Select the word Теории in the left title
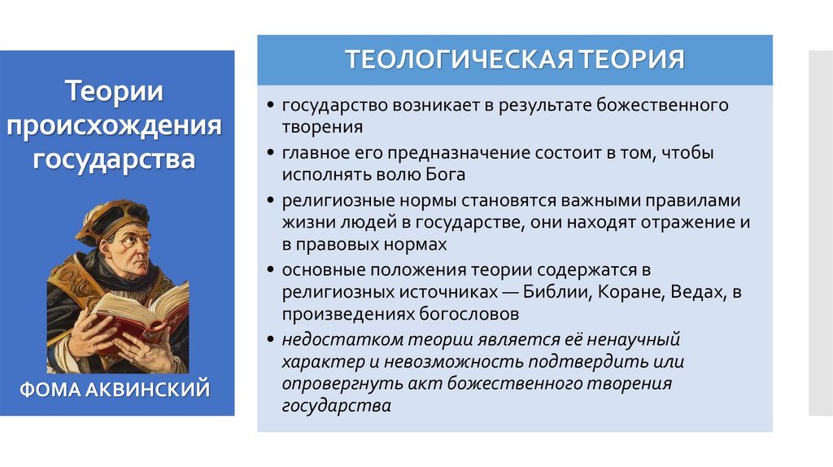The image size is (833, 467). click(115, 91)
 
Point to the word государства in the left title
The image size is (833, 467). click(115, 158)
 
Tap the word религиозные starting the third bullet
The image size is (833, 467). click(329, 199)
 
